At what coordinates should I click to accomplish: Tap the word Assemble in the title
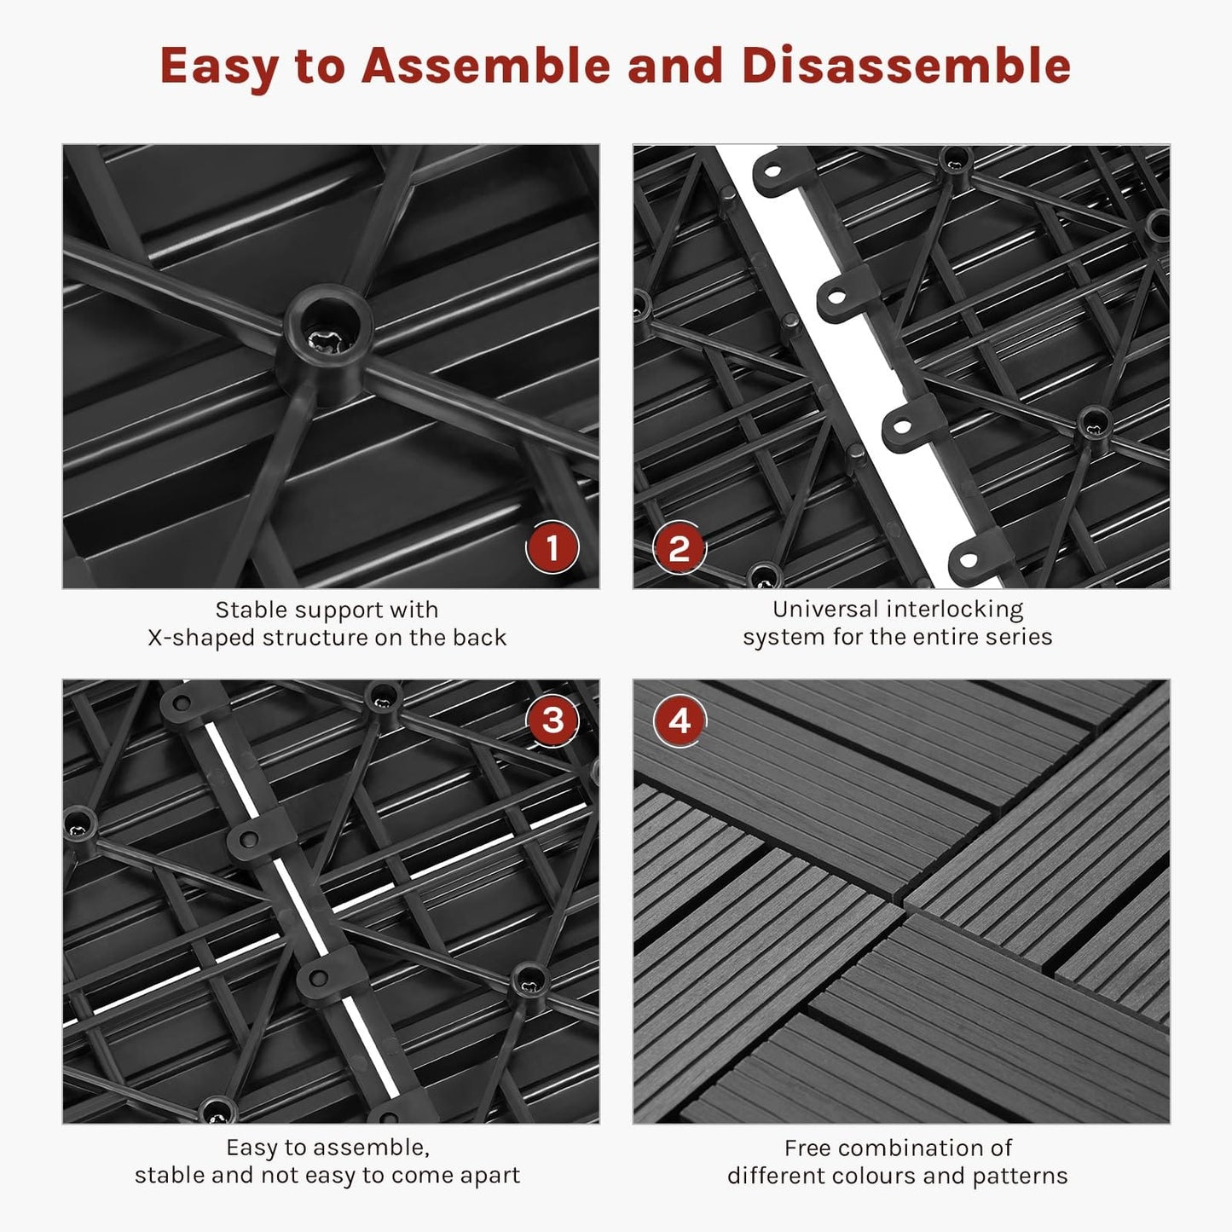(x=485, y=65)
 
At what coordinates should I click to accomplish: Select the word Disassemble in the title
(x=906, y=65)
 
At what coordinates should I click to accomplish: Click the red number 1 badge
(x=552, y=547)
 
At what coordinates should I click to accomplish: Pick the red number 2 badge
(x=679, y=547)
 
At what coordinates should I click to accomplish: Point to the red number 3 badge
(x=552, y=720)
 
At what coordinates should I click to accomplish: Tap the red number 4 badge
(x=679, y=720)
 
